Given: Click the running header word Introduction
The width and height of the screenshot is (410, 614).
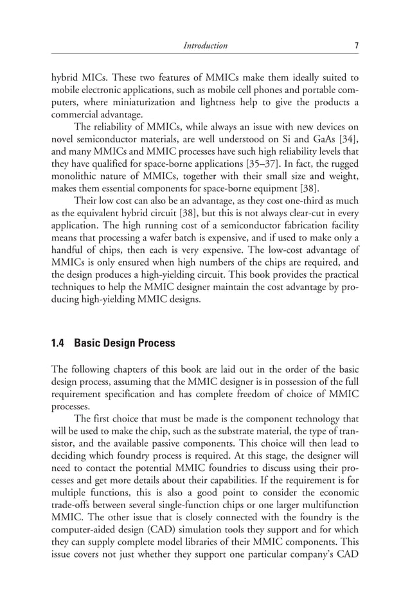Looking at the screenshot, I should point(205,46).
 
